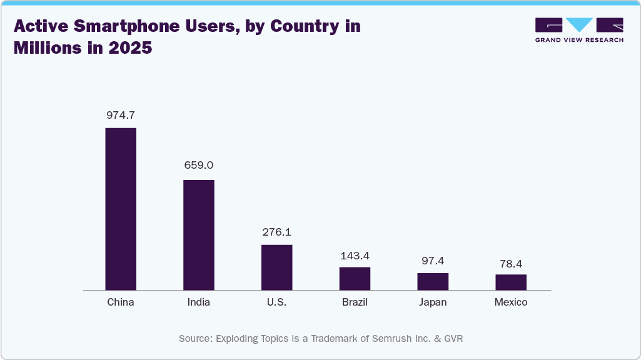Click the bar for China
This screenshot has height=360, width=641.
(x=121, y=209)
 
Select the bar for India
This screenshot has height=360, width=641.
(x=199, y=235)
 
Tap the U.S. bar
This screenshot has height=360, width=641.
(x=276, y=267)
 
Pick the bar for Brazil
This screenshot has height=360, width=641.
(x=355, y=278)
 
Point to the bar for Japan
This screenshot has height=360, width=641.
(x=433, y=281)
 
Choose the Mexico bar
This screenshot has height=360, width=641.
(x=511, y=282)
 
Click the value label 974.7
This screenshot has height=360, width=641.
(x=121, y=115)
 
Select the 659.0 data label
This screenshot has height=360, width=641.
(x=199, y=166)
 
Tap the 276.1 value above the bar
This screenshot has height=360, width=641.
(x=276, y=232)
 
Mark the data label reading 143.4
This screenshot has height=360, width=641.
(x=355, y=256)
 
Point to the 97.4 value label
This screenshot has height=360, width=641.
(x=433, y=261)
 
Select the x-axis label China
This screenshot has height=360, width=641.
(x=121, y=302)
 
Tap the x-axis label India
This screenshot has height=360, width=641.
(x=199, y=302)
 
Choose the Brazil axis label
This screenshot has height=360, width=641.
(x=355, y=302)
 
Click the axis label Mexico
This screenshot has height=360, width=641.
(x=511, y=302)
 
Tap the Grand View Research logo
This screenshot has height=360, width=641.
(x=579, y=29)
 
